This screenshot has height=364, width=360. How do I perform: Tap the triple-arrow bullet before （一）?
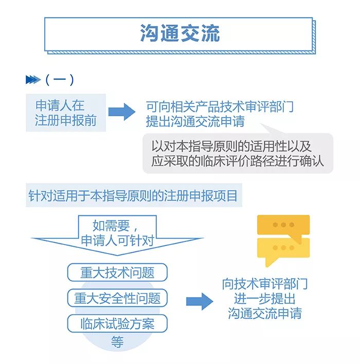pos(32,80)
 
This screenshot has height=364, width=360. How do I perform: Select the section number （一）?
pos(60,80)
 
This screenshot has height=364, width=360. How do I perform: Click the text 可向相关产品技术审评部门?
pos(220,107)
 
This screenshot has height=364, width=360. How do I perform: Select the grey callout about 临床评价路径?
pos(238,153)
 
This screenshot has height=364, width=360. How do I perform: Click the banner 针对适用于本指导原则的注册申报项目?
pos(133,196)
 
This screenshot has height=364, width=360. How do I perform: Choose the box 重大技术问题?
pos(117,272)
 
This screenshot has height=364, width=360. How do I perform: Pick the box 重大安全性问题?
pos(117,298)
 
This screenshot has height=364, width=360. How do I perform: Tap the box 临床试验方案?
pos(117,324)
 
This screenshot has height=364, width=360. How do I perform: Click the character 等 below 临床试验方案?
pos(117,342)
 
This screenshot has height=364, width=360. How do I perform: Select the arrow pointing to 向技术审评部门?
pos(199,301)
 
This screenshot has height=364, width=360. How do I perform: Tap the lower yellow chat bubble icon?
pos(283,249)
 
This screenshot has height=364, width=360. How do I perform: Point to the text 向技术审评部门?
pos(265,284)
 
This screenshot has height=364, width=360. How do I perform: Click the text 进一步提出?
pos(265,299)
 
